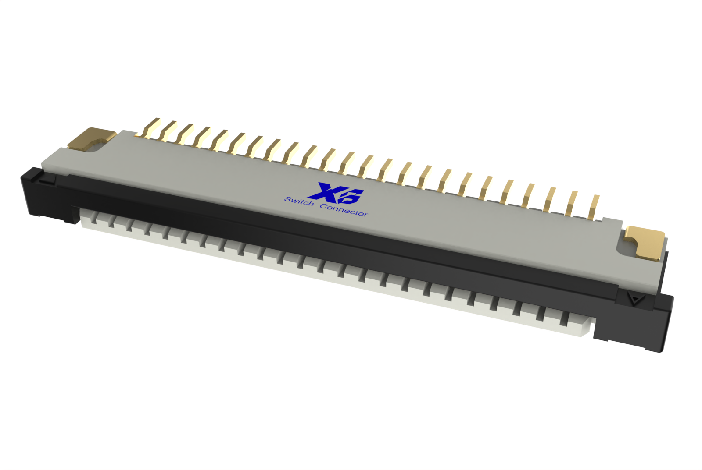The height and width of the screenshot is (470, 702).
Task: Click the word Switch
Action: tap(299, 202)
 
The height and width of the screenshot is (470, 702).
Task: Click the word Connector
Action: tap(344, 210)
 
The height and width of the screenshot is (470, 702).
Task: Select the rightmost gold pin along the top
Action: tap(594, 208)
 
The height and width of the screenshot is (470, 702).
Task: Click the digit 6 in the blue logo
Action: tap(352, 196)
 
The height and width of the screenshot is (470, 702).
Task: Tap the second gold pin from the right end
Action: tap(572, 203)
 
